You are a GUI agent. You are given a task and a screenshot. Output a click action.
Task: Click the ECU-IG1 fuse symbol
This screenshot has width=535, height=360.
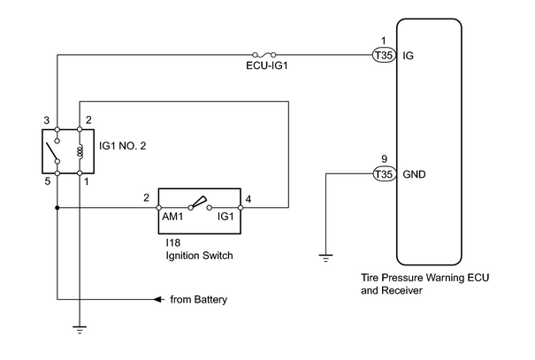pyautogui.click(x=264, y=55)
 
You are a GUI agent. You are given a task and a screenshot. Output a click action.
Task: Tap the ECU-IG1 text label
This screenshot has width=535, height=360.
pyautogui.click(x=267, y=65)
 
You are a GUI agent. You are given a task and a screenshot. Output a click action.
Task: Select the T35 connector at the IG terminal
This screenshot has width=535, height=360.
pyautogui.click(x=384, y=55)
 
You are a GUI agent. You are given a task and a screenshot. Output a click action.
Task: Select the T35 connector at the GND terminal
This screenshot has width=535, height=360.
pyautogui.click(x=384, y=174)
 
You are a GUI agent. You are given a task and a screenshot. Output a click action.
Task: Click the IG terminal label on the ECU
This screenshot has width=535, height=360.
pyautogui.click(x=408, y=55)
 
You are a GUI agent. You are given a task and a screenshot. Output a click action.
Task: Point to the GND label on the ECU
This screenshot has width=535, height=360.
pyautogui.click(x=414, y=174)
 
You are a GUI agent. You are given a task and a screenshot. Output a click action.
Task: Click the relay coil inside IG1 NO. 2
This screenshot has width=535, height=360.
pyautogui.click(x=80, y=151)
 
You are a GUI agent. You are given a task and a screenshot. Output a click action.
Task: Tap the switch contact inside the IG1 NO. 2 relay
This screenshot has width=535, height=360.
pyautogui.click(x=53, y=151)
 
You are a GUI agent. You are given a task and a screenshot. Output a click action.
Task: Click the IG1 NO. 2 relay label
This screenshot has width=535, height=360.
pyautogui.click(x=123, y=146)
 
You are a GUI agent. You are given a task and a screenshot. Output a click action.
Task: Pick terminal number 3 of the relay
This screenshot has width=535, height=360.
pyautogui.click(x=46, y=120)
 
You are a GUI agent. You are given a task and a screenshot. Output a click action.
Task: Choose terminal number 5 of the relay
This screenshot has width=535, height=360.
pyautogui.click(x=48, y=181)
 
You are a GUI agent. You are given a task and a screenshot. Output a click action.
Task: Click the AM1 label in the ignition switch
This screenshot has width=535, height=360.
pyautogui.click(x=172, y=217)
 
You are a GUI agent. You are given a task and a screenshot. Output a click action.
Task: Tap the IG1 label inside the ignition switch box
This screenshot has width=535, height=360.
pyautogui.click(x=225, y=217)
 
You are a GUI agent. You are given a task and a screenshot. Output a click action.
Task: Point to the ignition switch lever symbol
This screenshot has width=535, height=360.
pyautogui.click(x=199, y=203)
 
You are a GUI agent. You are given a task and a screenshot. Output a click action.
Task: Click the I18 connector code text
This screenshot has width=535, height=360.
pyautogui.click(x=173, y=242)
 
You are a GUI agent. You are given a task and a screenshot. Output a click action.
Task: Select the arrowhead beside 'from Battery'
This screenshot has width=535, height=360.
pyautogui.click(x=158, y=300)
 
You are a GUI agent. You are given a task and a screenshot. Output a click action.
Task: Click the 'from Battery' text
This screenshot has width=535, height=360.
pyautogui.click(x=199, y=300)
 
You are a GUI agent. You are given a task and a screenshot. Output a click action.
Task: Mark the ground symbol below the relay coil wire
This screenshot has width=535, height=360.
pyautogui.click(x=80, y=330)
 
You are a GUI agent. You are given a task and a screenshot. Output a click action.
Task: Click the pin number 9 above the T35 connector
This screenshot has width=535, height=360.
pyautogui.click(x=384, y=159)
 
